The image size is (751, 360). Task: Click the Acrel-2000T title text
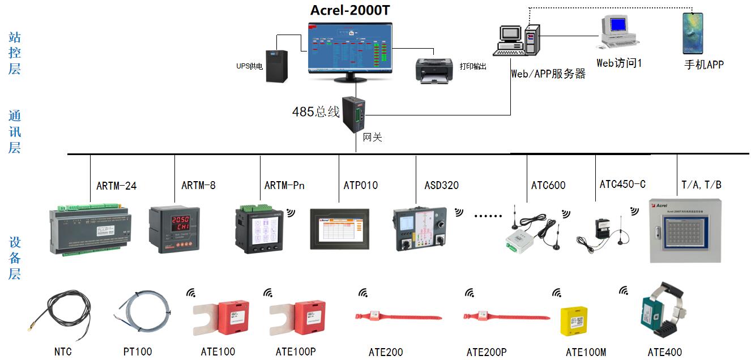click(x=350, y=10)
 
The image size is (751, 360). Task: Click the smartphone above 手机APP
click(x=692, y=33)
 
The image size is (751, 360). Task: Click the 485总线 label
click(x=315, y=112)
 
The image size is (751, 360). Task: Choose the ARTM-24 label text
click(x=116, y=185)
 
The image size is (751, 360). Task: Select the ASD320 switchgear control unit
click(x=421, y=229)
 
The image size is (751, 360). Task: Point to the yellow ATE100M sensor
click(x=575, y=323)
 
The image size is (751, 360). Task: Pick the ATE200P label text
click(x=487, y=352)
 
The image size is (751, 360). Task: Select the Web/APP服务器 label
click(x=548, y=74)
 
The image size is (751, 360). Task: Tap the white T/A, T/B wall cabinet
click(x=685, y=230)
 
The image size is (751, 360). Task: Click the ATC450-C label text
click(x=622, y=184)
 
